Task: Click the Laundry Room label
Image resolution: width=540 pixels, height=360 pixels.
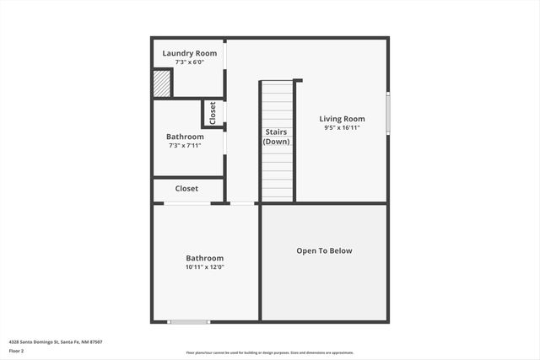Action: coord(189,53)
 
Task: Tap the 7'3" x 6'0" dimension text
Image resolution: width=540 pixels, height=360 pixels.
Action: coord(189,62)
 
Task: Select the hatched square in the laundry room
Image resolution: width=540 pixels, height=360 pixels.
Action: coord(161,83)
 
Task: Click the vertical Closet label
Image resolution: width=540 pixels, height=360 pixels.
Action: coord(213,112)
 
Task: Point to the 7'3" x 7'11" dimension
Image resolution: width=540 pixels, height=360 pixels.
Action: coord(185,146)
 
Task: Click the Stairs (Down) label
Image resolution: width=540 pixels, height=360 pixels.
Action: coord(276,137)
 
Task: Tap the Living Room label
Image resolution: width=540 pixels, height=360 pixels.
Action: coord(342,119)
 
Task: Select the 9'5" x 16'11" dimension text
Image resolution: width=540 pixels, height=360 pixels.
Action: coord(342,128)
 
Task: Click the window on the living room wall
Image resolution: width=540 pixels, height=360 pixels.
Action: coord(387,112)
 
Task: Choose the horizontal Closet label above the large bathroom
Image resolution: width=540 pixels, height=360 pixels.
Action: coord(186,189)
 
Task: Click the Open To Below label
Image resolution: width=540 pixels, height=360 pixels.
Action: coord(324,250)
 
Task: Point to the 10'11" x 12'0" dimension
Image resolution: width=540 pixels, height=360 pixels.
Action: coord(205,267)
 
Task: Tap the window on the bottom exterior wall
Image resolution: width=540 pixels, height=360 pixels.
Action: coord(188,321)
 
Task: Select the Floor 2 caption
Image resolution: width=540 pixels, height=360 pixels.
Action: coord(17,351)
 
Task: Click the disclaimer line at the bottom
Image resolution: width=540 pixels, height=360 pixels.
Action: coord(270,353)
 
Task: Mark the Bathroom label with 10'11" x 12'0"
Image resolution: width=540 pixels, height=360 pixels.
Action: coord(205,258)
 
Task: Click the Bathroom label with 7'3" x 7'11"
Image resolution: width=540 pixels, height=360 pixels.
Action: coord(185,137)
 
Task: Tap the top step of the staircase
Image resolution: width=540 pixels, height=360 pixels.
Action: coord(276,85)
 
